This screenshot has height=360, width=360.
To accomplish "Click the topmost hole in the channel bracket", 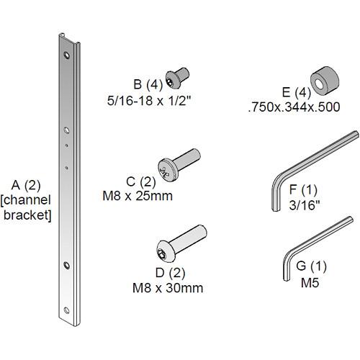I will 66,54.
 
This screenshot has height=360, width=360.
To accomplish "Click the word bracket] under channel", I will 28,214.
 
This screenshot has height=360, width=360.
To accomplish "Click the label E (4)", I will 297,92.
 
